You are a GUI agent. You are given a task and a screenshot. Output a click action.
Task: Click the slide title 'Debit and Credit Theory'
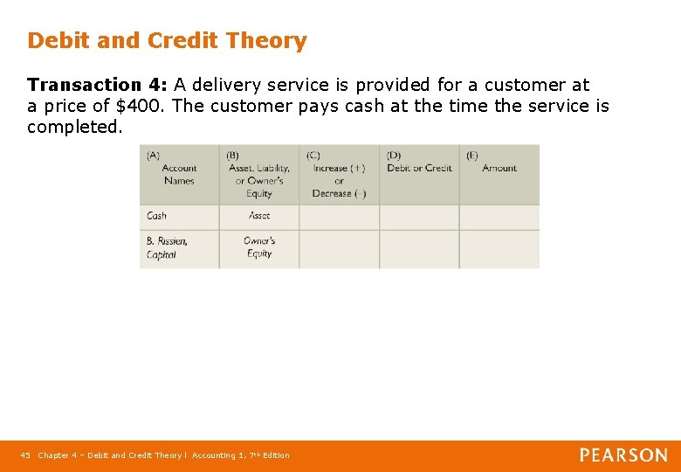[x=167, y=41]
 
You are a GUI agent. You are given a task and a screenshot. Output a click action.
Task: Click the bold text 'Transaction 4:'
[x=97, y=85]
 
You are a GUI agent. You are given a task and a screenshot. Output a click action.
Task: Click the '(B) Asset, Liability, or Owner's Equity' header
[x=259, y=174]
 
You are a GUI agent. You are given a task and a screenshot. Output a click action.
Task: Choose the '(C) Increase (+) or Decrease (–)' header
[x=339, y=174]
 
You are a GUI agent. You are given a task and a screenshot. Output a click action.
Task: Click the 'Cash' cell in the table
[x=157, y=216]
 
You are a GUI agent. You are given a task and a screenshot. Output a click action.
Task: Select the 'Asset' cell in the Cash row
[x=259, y=216]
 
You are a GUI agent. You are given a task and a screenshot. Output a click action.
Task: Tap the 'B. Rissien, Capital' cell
[x=167, y=247]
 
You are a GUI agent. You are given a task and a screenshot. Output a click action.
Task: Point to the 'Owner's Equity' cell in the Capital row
[x=259, y=247]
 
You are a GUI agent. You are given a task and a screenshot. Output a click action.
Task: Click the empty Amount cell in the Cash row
[x=499, y=217]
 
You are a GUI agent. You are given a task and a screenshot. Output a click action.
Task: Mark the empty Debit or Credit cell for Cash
[x=419, y=217]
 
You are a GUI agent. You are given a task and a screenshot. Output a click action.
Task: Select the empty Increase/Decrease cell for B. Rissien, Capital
[x=339, y=248]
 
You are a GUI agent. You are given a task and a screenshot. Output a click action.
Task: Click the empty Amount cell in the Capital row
[x=499, y=248]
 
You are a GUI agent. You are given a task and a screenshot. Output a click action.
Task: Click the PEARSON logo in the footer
[x=623, y=455]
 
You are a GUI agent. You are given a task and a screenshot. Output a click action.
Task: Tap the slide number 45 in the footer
[x=25, y=455]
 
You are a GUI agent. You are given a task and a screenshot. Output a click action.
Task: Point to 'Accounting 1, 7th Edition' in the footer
[x=240, y=455]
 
